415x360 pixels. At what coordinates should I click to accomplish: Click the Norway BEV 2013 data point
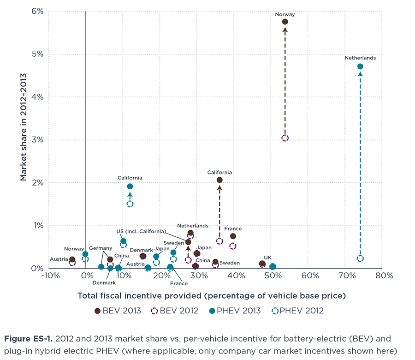click(285, 22)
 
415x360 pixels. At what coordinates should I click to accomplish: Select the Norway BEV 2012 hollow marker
click(285, 138)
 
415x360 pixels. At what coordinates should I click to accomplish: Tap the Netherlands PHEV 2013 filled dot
click(360, 66)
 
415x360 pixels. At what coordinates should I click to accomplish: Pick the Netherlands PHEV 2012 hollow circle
click(360, 258)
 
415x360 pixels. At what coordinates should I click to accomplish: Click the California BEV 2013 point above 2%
click(219, 180)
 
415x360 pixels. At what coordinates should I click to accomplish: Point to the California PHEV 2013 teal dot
click(130, 186)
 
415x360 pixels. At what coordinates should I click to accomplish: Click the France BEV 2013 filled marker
click(233, 236)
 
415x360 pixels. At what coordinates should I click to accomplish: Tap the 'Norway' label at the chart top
click(285, 14)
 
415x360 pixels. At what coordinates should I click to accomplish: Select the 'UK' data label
click(267, 258)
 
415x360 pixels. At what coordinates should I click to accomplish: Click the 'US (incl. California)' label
click(141, 231)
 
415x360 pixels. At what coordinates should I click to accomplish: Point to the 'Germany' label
click(101, 248)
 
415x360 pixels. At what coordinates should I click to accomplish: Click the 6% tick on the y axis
click(37, 11)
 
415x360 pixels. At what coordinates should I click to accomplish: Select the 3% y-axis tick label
click(37, 140)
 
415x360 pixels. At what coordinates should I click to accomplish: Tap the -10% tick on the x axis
click(49, 276)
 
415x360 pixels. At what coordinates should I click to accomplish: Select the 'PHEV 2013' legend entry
click(240, 311)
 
